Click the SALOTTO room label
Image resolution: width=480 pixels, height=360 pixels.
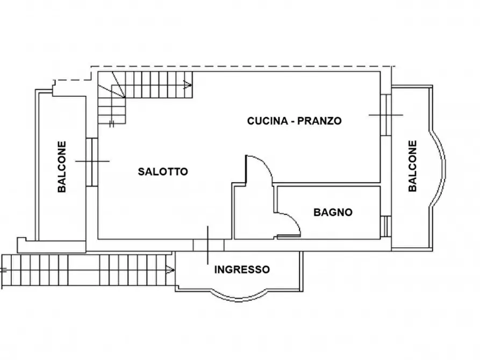click(x=163, y=172)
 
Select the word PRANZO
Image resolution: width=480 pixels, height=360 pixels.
click(x=321, y=121)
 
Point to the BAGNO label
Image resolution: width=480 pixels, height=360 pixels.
click(x=333, y=212)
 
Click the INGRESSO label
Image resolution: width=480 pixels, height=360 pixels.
click(x=242, y=269)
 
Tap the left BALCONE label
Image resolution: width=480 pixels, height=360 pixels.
click(x=62, y=167)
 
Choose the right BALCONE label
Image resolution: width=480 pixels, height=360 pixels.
click(x=412, y=166)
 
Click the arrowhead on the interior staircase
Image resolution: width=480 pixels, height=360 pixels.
click(x=188, y=84)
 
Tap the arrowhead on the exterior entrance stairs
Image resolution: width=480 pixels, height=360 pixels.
click(x=170, y=268)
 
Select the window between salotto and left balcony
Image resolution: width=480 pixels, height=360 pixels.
click(x=92, y=161)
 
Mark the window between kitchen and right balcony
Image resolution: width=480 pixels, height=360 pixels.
click(x=385, y=115)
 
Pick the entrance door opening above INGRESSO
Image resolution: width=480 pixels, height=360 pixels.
click(x=209, y=244)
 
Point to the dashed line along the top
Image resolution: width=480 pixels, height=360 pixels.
click(x=242, y=66)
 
